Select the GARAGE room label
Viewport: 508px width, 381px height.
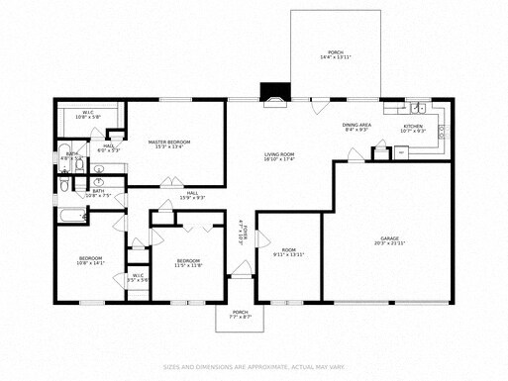click(x=389, y=240)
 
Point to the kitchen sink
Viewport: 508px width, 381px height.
click(x=419, y=108)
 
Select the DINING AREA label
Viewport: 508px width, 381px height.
click(x=356, y=127)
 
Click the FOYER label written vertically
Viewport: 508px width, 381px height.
click(x=241, y=235)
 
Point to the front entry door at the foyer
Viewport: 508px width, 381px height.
click(x=241, y=269)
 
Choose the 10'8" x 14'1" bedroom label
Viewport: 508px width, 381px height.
click(x=89, y=262)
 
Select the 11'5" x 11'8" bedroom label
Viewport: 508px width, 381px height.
click(x=188, y=263)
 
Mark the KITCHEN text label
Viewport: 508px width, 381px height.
click(x=412, y=128)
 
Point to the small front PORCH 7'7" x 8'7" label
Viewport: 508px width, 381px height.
click(x=240, y=315)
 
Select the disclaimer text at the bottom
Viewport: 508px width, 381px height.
click(x=254, y=365)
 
